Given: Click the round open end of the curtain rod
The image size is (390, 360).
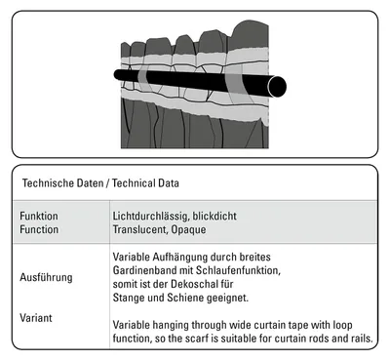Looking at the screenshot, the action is click(277, 87).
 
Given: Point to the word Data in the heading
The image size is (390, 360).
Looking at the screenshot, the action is click(169, 183).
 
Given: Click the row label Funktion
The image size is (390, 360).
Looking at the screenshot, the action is click(39, 216).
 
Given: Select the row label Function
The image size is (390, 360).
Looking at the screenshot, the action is click(39, 229).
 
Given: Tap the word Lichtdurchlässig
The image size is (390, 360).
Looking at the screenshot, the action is click(150, 216).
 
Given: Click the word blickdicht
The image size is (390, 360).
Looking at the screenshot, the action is click(214, 216).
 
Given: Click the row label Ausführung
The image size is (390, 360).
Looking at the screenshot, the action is click(46, 277).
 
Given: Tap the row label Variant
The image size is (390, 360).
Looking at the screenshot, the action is click(36, 318).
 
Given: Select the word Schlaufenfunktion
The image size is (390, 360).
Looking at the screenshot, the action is click(238, 270).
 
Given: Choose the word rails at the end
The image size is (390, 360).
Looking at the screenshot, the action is click(362, 339).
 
